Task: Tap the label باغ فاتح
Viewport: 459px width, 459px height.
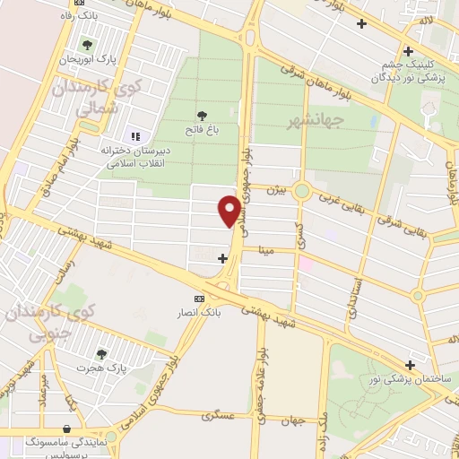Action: (x=204, y=130)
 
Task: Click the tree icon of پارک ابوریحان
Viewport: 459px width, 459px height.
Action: (x=87, y=43)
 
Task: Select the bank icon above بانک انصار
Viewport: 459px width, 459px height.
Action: (x=199, y=299)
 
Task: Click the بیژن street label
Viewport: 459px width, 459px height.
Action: (x=279, y=189)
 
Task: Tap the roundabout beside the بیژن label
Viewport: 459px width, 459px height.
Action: (x=303, y=191)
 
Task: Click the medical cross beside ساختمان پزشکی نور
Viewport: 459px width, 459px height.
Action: (x=411, y=365)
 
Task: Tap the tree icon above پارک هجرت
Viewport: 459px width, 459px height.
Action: (x=100, y=353)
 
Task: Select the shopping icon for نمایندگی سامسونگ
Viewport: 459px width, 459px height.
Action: (x=68, y=428)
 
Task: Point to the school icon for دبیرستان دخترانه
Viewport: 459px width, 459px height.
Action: (x=134, y=136)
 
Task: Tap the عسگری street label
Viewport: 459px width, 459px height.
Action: (x=220, y=416)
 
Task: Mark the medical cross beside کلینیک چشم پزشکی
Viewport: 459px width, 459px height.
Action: (x=409, y=51)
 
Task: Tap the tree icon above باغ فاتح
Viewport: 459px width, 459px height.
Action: (x=203, y=115)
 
